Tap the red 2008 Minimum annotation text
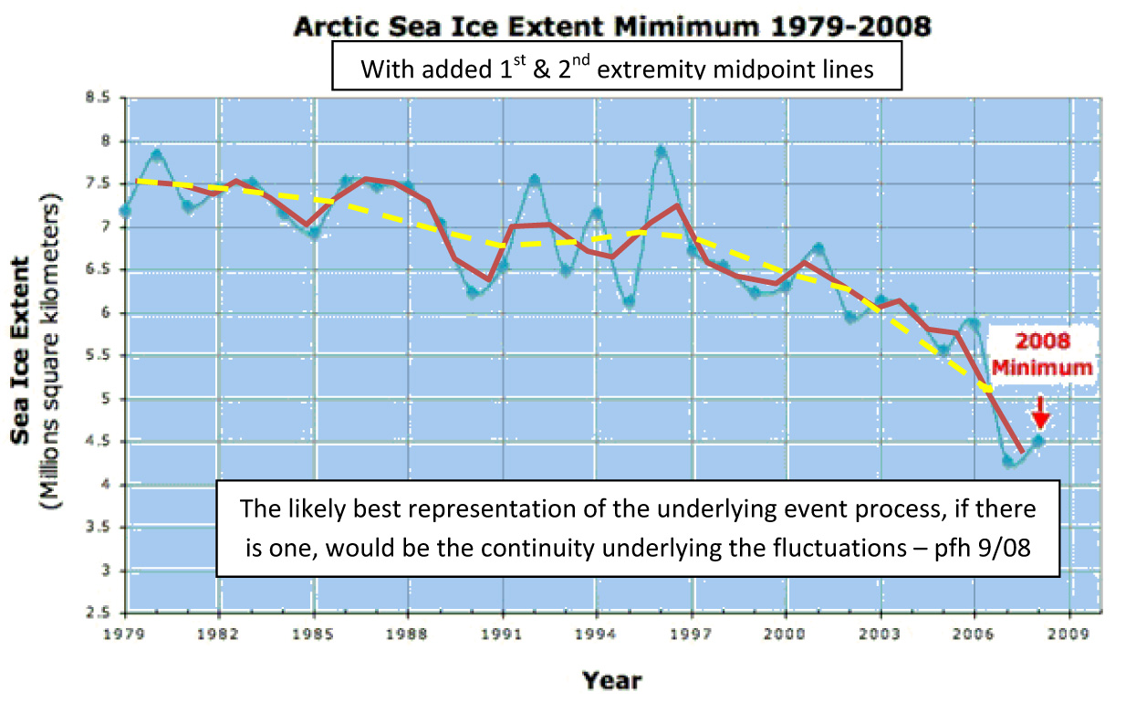click(1057, 355)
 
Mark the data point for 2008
click(1037, 440)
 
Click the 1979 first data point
click(126, 211)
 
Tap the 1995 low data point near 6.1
click(629, 301)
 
